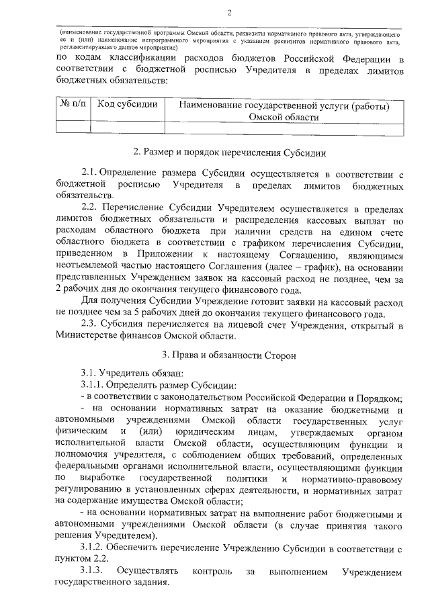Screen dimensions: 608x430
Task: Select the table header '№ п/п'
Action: click(x=71, y=104)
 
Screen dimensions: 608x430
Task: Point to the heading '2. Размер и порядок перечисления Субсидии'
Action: click(x=230, y=153)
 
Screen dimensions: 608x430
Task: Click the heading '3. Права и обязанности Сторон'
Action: click(x=230, y=353)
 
